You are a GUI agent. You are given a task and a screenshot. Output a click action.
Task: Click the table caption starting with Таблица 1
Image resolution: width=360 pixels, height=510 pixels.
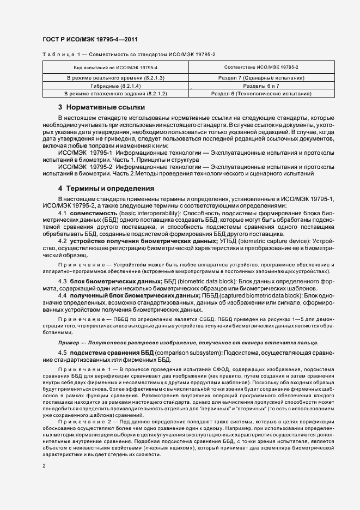click(129, 54)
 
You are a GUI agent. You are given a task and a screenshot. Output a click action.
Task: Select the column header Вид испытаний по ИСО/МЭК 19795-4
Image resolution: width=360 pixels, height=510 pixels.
click(115, 68)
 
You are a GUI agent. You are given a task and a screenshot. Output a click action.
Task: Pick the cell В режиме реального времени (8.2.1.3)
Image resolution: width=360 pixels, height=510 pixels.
click(115, 78)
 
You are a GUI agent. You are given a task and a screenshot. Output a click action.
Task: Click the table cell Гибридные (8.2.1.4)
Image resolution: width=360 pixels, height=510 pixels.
click(115, 86)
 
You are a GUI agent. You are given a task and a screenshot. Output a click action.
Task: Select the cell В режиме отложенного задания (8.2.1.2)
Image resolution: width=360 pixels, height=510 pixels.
click(115, 94)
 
